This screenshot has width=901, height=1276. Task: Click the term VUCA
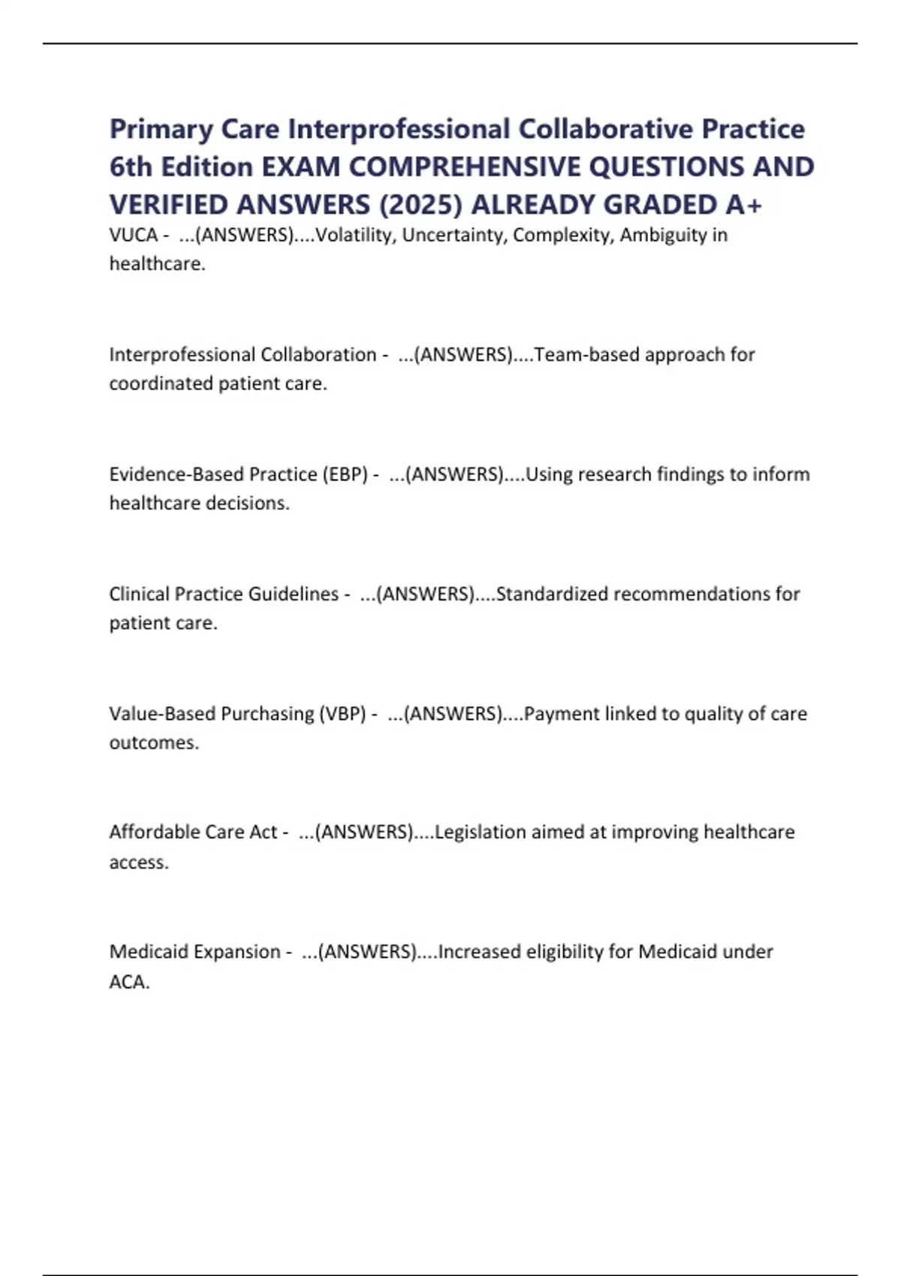coord(133,235)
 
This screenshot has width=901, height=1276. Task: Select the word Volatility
coord(354,235)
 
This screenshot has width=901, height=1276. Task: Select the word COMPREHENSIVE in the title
coord(465,167)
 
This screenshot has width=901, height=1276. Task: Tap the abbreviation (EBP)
coord(345,474)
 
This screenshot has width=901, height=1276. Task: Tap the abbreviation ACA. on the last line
coord(129,982)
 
